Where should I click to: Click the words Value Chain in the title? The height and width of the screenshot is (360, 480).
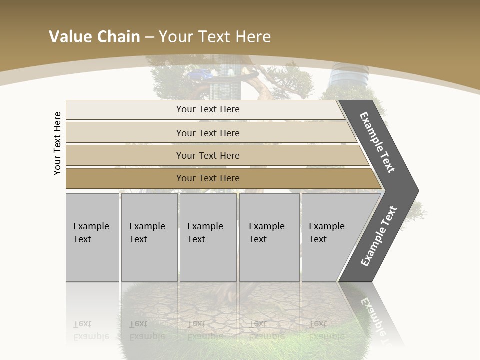(94, 37)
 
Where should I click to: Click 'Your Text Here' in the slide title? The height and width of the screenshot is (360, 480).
(215, 37)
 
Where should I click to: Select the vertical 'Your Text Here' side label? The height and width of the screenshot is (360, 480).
(57, 143)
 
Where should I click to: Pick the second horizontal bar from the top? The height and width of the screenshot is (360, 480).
(207, 133)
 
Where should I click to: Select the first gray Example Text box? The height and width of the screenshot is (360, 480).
(92, 237)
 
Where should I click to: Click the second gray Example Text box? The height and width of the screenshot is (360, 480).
(149, 237)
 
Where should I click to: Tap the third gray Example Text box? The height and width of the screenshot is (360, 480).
(208, 237)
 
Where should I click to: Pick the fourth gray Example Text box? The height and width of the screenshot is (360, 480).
(269, 237)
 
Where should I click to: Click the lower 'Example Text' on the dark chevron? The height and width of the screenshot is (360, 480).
(379, 236)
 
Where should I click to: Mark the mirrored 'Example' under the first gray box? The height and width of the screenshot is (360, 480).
(91, 336)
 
